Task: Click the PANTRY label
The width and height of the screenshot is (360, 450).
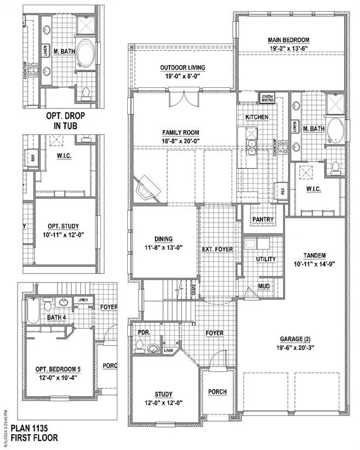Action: [x=263, y=220]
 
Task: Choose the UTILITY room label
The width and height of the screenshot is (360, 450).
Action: [x=266, y=258]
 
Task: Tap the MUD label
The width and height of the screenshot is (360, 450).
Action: [x=264, y=287]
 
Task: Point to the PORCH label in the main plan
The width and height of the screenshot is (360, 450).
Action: [x=218, y=391]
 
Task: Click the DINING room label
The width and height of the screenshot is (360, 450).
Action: [x=162, y=240]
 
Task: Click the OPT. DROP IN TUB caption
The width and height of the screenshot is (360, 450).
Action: [x=70, y=121]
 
